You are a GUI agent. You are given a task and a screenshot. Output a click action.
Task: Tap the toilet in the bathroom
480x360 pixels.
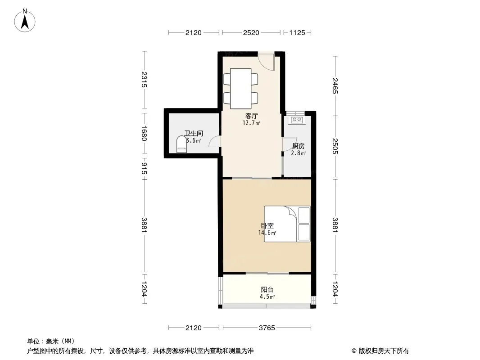point(181,144)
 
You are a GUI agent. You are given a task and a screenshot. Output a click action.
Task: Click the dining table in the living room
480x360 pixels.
point(240,89)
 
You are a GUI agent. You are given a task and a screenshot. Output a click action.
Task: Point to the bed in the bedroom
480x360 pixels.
point(287,224)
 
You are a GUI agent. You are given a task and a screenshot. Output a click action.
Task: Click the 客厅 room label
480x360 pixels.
point(252,116)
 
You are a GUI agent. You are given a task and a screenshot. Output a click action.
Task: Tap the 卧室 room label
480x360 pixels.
point(267,226)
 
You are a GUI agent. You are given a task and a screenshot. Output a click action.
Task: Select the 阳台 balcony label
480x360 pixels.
point(267,290)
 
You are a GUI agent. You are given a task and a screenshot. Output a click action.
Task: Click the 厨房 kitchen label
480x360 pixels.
point(299,146)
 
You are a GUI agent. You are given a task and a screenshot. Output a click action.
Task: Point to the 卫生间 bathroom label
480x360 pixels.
point(194,133)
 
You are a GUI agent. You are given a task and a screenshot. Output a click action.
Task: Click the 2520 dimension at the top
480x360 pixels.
point(251,33)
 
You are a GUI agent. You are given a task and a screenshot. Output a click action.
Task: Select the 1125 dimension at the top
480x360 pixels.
point(297,33)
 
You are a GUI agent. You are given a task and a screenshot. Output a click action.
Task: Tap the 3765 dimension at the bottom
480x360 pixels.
point(267,328)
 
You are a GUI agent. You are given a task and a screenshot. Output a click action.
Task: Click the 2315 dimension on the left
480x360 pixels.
point(144,80)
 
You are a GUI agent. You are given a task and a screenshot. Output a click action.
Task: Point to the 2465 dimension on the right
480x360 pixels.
point(335,86)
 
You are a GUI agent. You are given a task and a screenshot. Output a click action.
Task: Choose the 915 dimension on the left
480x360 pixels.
point(144,169)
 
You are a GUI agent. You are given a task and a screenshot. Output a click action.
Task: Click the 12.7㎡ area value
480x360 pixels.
point(251,123)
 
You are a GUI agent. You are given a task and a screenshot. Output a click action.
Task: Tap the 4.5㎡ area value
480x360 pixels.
point(267,297)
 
